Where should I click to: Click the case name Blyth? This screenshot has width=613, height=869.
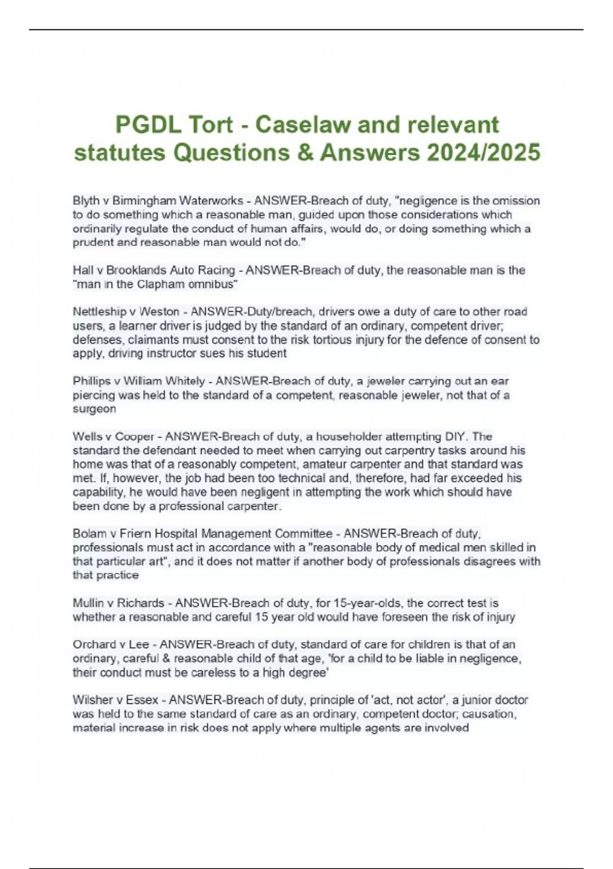pos(86,200)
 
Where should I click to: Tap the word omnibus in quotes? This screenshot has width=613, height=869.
pos(211,284)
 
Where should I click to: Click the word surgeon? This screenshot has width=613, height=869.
pos(95,409)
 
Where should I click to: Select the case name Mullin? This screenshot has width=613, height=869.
pos(89,603)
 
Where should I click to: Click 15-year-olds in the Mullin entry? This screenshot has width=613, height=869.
pos(360,603)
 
